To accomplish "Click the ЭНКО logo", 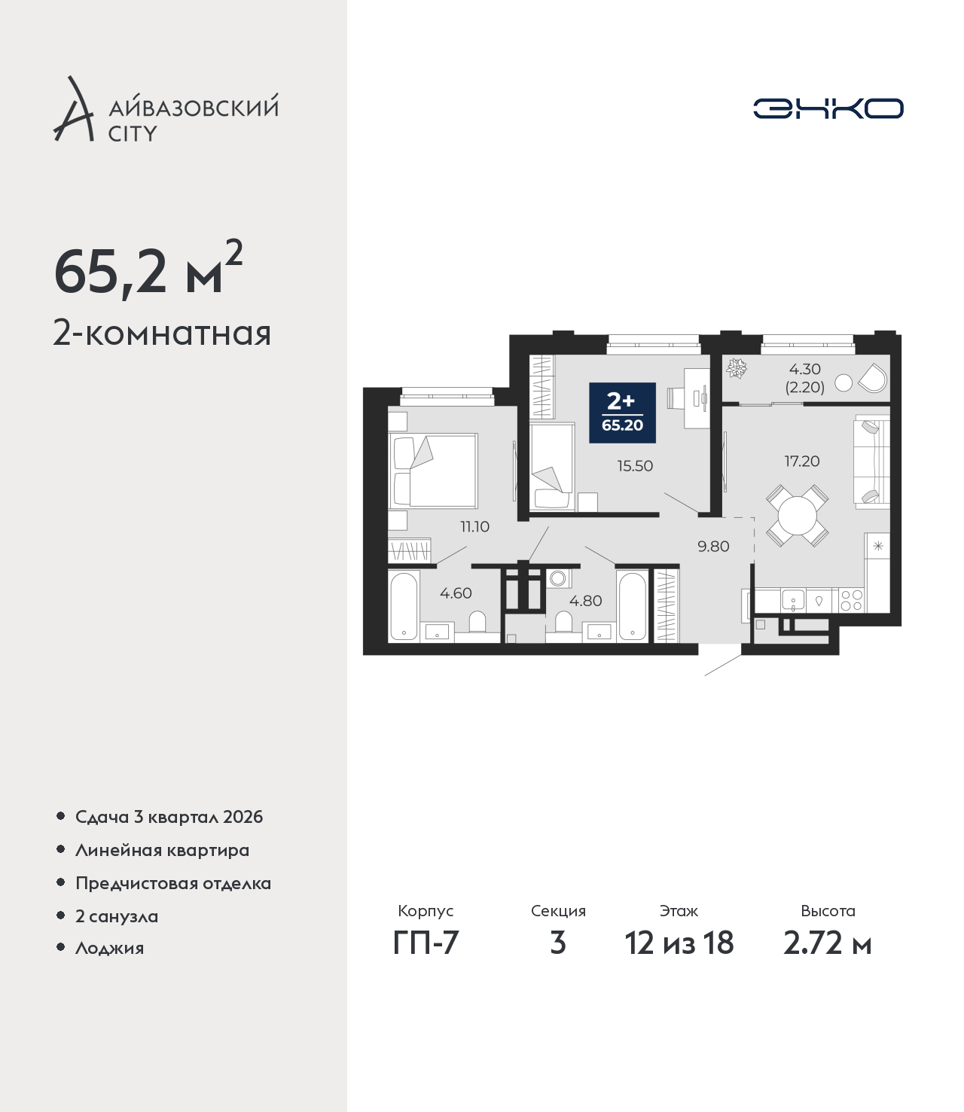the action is (828, 108).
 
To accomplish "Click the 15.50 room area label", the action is (635, 466).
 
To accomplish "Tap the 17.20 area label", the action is (802, 461).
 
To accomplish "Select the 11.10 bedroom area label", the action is (474, 527).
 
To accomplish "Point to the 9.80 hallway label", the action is (714, 547).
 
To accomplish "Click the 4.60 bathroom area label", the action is (456, 593).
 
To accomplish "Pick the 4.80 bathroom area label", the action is (586, 601).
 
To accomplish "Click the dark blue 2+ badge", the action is (622, 413).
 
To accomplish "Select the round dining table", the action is (797, 516).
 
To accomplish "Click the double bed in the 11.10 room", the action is (433, 471).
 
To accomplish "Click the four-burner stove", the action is (852, 600).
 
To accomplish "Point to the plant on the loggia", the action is (736, 368).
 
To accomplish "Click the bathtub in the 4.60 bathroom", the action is (404, 607).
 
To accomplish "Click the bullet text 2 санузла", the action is (117, 916).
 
